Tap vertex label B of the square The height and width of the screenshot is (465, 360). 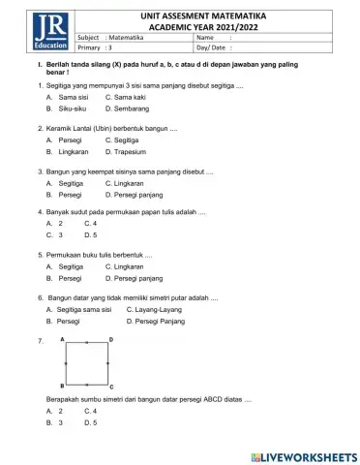click(x=62, y=385)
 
